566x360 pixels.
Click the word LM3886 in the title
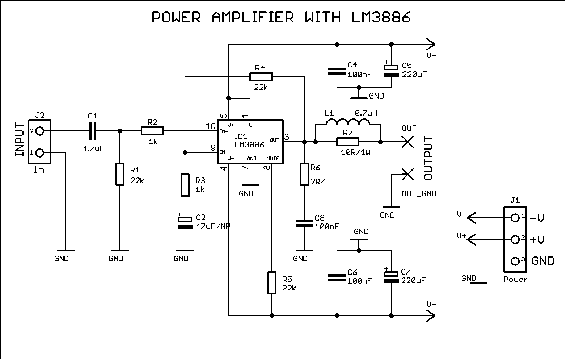381,17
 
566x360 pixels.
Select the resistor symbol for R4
261,76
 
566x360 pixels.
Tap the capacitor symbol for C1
93,131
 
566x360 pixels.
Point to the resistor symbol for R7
347,142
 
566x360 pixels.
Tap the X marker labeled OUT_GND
408,175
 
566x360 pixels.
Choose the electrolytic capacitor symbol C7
391,277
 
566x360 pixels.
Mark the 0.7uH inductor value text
366,113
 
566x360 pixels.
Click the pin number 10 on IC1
210,126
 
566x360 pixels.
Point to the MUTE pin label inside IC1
273,159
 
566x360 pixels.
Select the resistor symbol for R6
304,174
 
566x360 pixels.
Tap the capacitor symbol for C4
337,71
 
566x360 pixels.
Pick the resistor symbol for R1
120,174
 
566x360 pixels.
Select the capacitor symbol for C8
304,223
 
